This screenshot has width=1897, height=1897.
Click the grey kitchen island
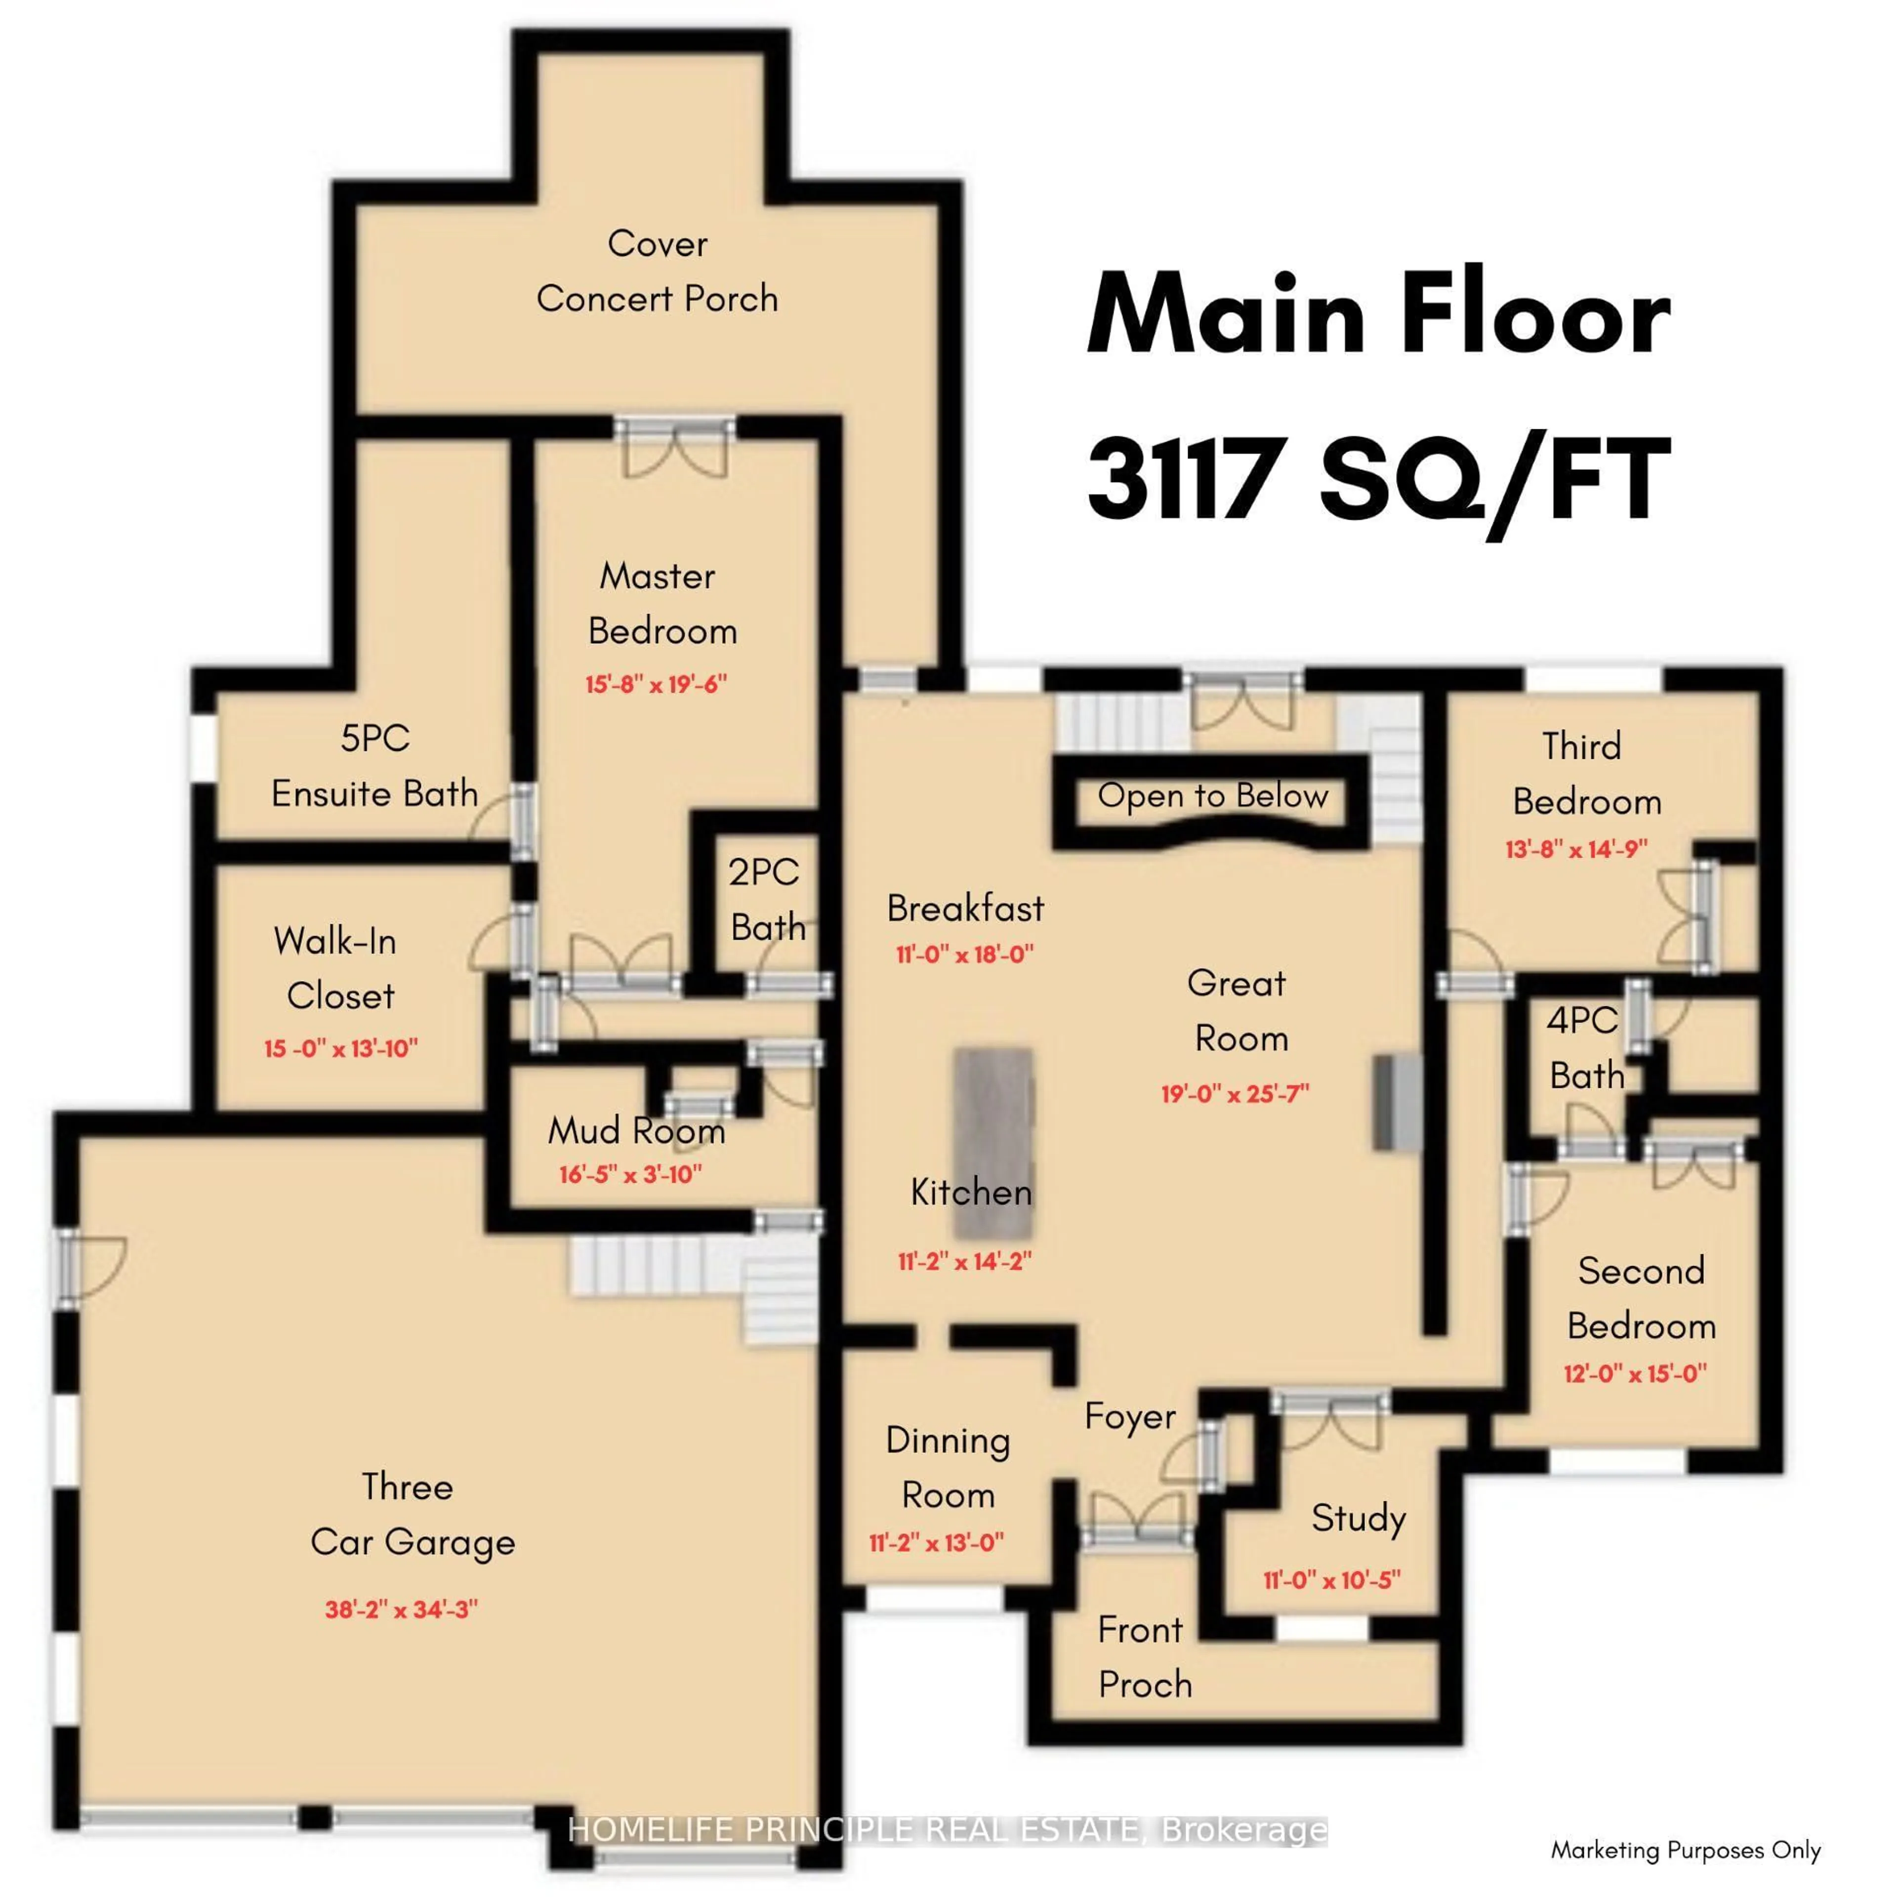993,1142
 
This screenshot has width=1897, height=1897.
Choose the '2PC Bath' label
766,900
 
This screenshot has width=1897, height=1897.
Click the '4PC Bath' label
1585,1048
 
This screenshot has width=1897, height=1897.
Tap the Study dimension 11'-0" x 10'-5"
1331,1580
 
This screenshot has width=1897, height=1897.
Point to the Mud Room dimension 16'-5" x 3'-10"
630,1174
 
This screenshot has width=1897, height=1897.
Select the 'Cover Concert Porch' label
657,271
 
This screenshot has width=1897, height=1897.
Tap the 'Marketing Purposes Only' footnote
1685,1850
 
